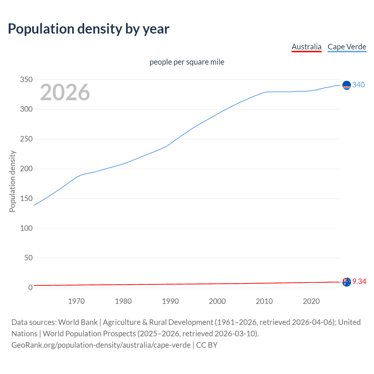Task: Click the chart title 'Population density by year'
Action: tap(89, 29)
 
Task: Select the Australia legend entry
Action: tap(306, 47)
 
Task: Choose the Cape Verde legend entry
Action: tap(347, 47)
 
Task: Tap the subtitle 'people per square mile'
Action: tap(187, 62)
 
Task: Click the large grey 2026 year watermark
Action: tap(65, 92)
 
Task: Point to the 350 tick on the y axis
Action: tap(26, 79)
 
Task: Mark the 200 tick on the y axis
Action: tap(26, 169)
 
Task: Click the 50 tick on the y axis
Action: tap(28, 258)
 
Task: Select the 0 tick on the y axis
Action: tap(30, 288)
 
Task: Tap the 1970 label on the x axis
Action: tap(76, 301)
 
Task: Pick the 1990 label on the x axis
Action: tap(170, 301)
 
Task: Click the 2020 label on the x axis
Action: tap(311, 301)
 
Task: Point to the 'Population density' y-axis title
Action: tap(12, 181)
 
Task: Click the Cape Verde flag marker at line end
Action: tap(347, 85)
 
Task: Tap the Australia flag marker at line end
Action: tap(347, 282)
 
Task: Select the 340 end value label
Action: tap(359, 85)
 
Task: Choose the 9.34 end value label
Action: tap(359, 281)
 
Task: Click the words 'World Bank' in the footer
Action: tap(78, 322)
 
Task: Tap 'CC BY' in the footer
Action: tap(207, 345)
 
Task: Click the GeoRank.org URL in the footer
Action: tap(101, 345)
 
